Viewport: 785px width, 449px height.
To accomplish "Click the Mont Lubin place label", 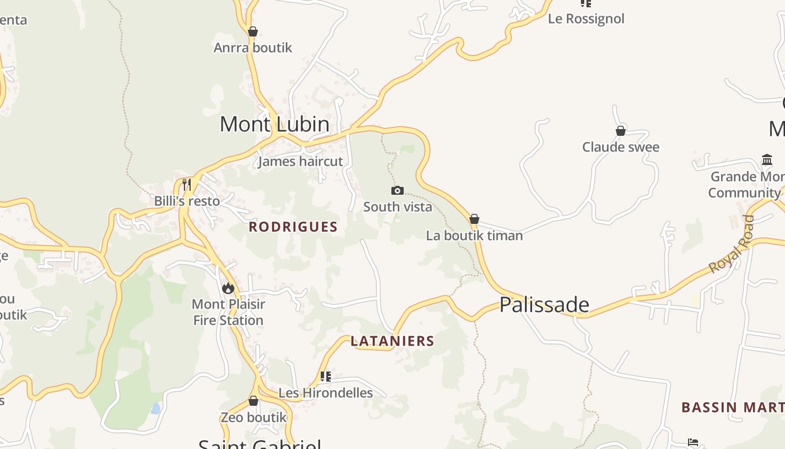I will (274, 124).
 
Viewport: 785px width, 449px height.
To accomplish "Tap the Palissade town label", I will (544, 305).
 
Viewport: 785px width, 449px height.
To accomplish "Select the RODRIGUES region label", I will (293, 227).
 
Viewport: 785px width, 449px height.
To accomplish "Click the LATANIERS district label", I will (392, 341).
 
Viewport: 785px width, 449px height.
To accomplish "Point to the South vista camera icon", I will (398, 191).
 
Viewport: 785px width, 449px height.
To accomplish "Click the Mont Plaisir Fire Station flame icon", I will (228, 288).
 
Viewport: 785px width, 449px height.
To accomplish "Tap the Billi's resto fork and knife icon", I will (187, 184).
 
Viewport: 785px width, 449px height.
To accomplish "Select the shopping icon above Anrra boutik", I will (253, 31).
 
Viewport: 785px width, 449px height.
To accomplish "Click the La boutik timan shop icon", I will (474, 219).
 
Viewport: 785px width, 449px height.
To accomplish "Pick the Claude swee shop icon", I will (621, 131).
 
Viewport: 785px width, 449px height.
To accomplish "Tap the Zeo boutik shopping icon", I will (253, 401).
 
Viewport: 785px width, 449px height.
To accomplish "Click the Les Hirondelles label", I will (326, 393).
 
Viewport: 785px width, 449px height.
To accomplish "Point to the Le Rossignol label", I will (586, 19).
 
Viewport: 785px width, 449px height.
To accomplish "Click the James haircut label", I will (301, 162).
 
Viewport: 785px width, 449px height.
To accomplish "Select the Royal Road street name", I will (732, 245).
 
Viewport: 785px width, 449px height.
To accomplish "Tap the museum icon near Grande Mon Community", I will (767, 160).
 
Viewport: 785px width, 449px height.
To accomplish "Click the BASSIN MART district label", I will (732, 407).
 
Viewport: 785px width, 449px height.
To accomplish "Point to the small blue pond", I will (156, 408).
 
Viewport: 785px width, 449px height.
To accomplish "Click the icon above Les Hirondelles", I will (326, 376).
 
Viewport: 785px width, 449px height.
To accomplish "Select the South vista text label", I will (398, 207).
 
